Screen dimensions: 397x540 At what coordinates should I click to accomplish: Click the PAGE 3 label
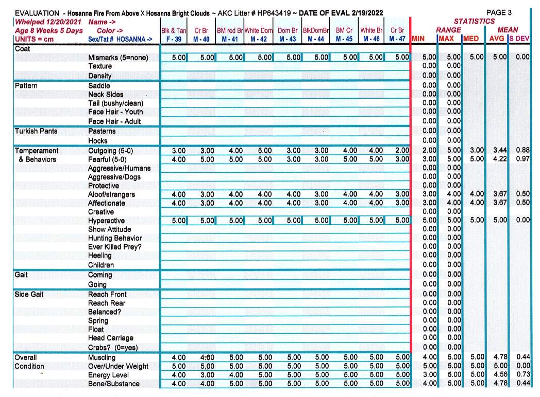pyautogui.click(x=499, y=12)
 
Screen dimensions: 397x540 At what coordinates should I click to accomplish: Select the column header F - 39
pyautogui.click(x=174, y=39)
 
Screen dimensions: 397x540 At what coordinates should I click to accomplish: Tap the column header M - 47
pyautogui.click(x=397, y=39)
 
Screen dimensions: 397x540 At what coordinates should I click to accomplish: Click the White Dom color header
pyautogui.click(x=259, y=30)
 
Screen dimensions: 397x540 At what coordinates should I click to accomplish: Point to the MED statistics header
pyautogui.click(x=471, y=39)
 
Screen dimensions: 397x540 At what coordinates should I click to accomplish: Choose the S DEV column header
pyautogui.click(x=520, y=39)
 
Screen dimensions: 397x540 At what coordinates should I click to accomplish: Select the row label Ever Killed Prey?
pyautogui.click(x=114, y=247)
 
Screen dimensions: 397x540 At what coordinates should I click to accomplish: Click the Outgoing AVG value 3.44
pyautogui.click(x=499, y=151)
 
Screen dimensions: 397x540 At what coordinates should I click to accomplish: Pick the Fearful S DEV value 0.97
pyautogui.click(x=522, y=159)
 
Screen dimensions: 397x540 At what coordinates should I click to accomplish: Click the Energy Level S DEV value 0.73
pyautogui.click(x=522, y=375)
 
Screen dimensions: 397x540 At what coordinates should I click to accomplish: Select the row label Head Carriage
pyautogui.click(x=110, y=338)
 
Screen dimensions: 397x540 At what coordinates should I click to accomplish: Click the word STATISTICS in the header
pyautogui.click(x=474, y=22)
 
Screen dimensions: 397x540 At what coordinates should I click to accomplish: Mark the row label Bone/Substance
pyautogui.click(x=113, y=384)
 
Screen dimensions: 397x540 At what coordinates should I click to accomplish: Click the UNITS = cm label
pyautogui.click(x=33, y=39)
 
